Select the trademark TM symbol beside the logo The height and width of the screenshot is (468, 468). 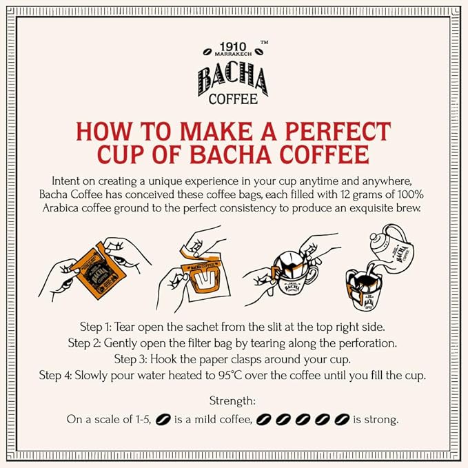[264, 43]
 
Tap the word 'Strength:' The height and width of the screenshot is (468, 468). [234, 401]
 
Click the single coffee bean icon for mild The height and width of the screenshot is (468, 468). [163, 419]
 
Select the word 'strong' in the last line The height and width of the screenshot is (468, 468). [384, 419]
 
